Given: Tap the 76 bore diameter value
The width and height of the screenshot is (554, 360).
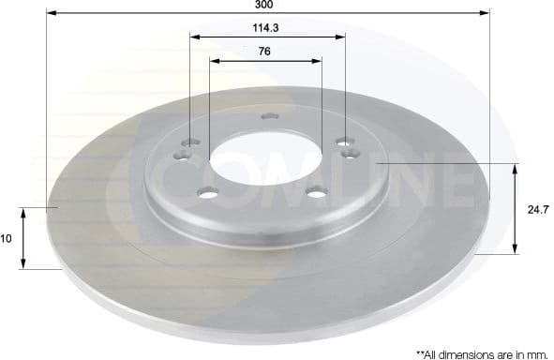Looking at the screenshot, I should point(264,52).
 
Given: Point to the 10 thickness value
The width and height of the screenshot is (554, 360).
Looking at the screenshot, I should point(6,239).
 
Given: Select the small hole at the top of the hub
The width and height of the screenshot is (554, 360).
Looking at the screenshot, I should point(268,116).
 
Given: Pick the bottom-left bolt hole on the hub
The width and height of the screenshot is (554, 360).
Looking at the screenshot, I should point(206,194).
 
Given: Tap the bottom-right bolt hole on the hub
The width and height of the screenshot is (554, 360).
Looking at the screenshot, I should point(317,194).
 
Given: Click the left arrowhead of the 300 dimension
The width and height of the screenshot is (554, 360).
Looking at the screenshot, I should point(51,13).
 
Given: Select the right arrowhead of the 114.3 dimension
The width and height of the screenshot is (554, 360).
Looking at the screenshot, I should point(340,37).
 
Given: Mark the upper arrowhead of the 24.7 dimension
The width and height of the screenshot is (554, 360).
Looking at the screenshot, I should point(515,167).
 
